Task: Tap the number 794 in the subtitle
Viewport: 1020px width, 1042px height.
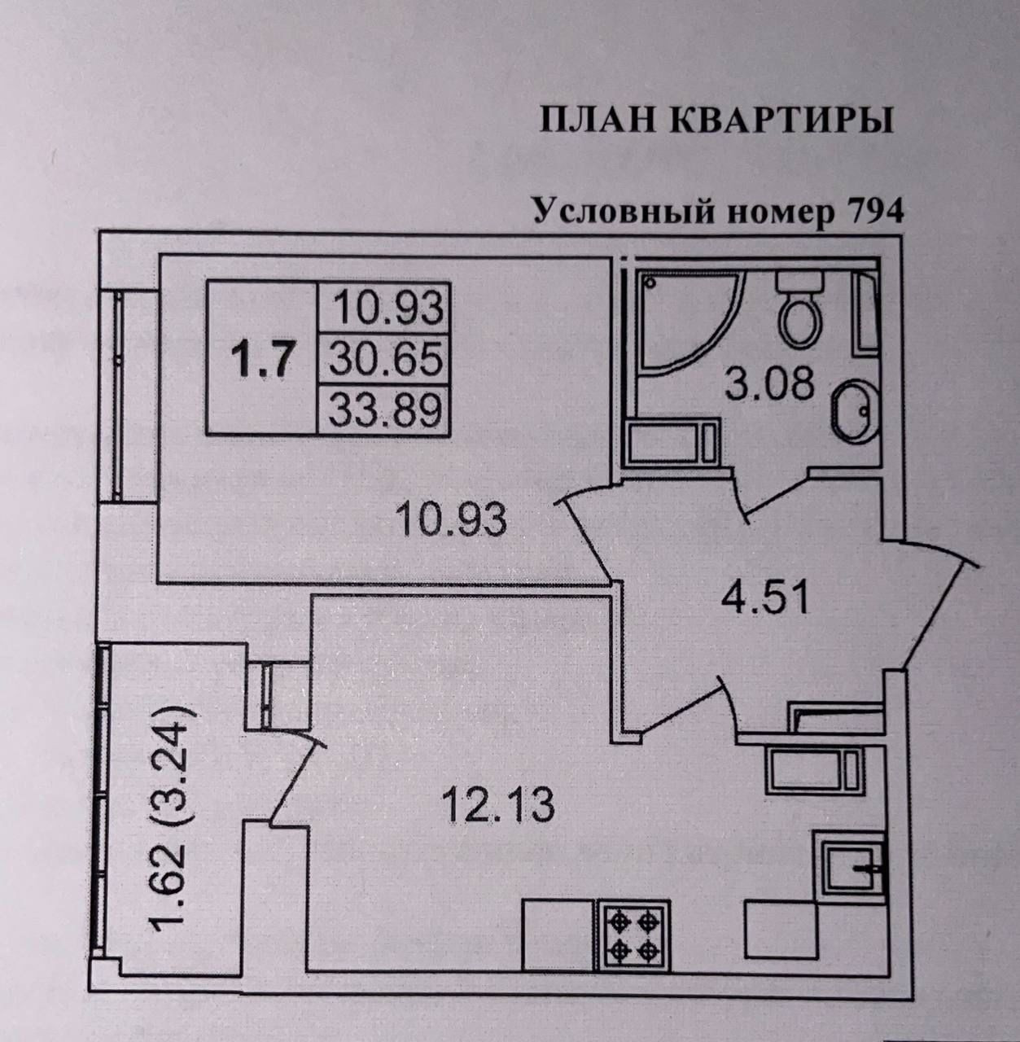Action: (876, 212)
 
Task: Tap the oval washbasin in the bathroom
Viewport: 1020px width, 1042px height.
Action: (854, 411)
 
